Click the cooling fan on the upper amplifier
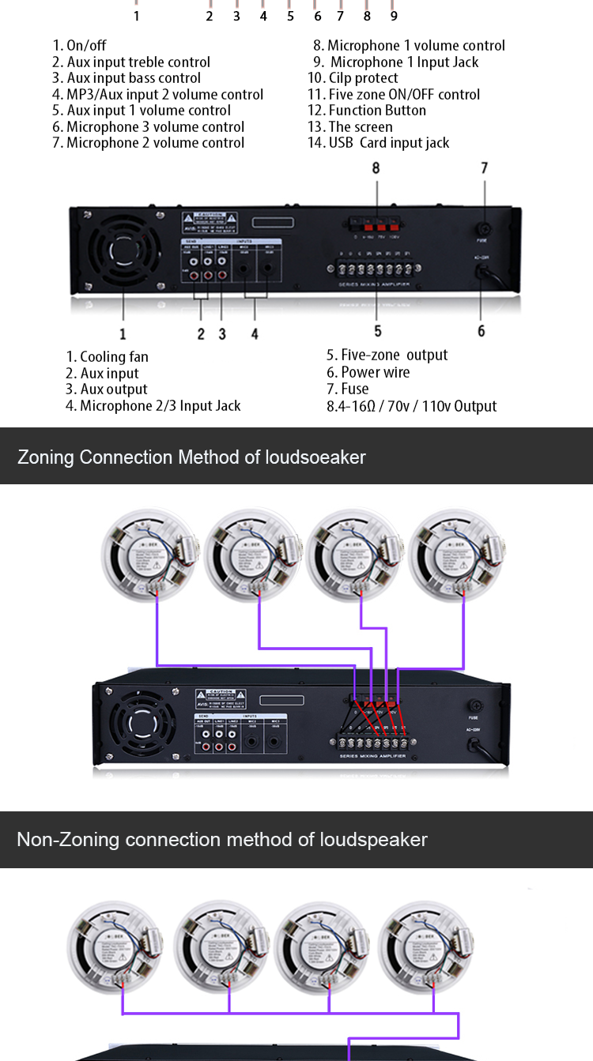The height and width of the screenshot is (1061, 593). coord(123,252)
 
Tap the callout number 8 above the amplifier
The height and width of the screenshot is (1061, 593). coord(376,167)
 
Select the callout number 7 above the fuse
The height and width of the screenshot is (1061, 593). coord(484,167)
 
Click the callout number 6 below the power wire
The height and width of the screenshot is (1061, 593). coord(481,331)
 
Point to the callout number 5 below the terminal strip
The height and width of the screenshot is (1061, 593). coord(377,331)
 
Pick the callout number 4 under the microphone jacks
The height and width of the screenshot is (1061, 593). coord(255,334)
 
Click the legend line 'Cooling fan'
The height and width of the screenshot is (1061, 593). coord(107,357)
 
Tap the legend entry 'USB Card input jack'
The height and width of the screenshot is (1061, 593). coord(378,143)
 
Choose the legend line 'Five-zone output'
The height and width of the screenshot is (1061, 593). coord(387,356)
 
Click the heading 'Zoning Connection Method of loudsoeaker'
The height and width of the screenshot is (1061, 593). coord(191,457)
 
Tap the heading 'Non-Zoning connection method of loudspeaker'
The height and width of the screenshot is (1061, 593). coord(221,839)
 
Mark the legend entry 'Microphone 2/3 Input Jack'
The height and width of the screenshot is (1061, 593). coord(153,406)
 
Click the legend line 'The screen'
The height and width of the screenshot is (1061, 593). coord(349,127)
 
